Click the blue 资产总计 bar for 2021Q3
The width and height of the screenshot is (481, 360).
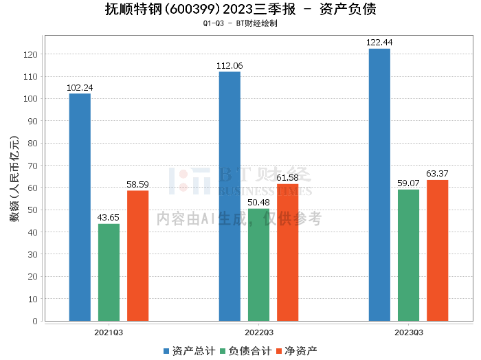click(x=80, y=207)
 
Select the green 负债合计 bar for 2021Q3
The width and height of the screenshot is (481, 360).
click(x=109, y=272)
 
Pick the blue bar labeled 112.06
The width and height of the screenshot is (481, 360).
click(x=230, y=196)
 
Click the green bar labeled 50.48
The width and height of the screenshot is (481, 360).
click(x=258, y=265)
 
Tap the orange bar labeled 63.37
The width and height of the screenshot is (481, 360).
click(x=437, y=250)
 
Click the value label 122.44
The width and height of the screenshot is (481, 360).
click(x=379, y=43)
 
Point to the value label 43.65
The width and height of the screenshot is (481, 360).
click(x=109, y=218)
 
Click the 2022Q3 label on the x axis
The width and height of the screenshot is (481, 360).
click(x=258, y=332)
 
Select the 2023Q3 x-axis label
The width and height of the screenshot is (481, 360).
click(x=408, y=332)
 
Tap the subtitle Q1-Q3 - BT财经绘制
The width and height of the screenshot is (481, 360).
click(x=240, y=23)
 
